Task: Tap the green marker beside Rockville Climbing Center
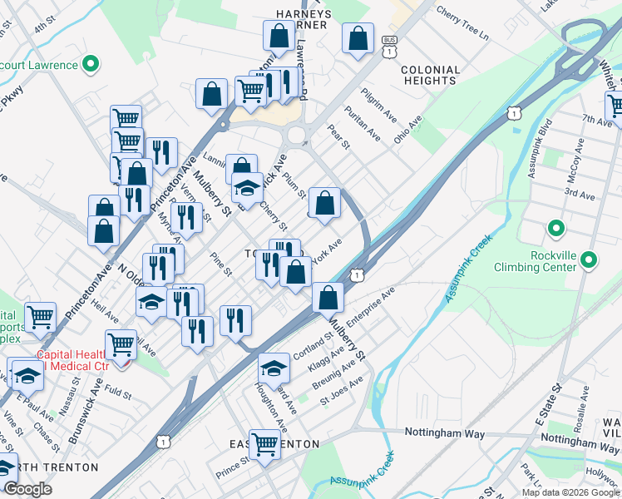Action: tap(589, 260)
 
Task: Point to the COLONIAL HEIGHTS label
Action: tap(430, 76)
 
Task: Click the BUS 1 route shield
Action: tap(388, 47)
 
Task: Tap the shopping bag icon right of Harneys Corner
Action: tap(358, 37)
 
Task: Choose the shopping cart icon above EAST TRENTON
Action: tap(265, 443)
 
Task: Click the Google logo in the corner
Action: tap(28, 489)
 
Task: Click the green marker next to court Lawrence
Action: tap(92, 64)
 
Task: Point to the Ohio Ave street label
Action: tap(408, 128)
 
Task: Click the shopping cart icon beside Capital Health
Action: tap(121, 342)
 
